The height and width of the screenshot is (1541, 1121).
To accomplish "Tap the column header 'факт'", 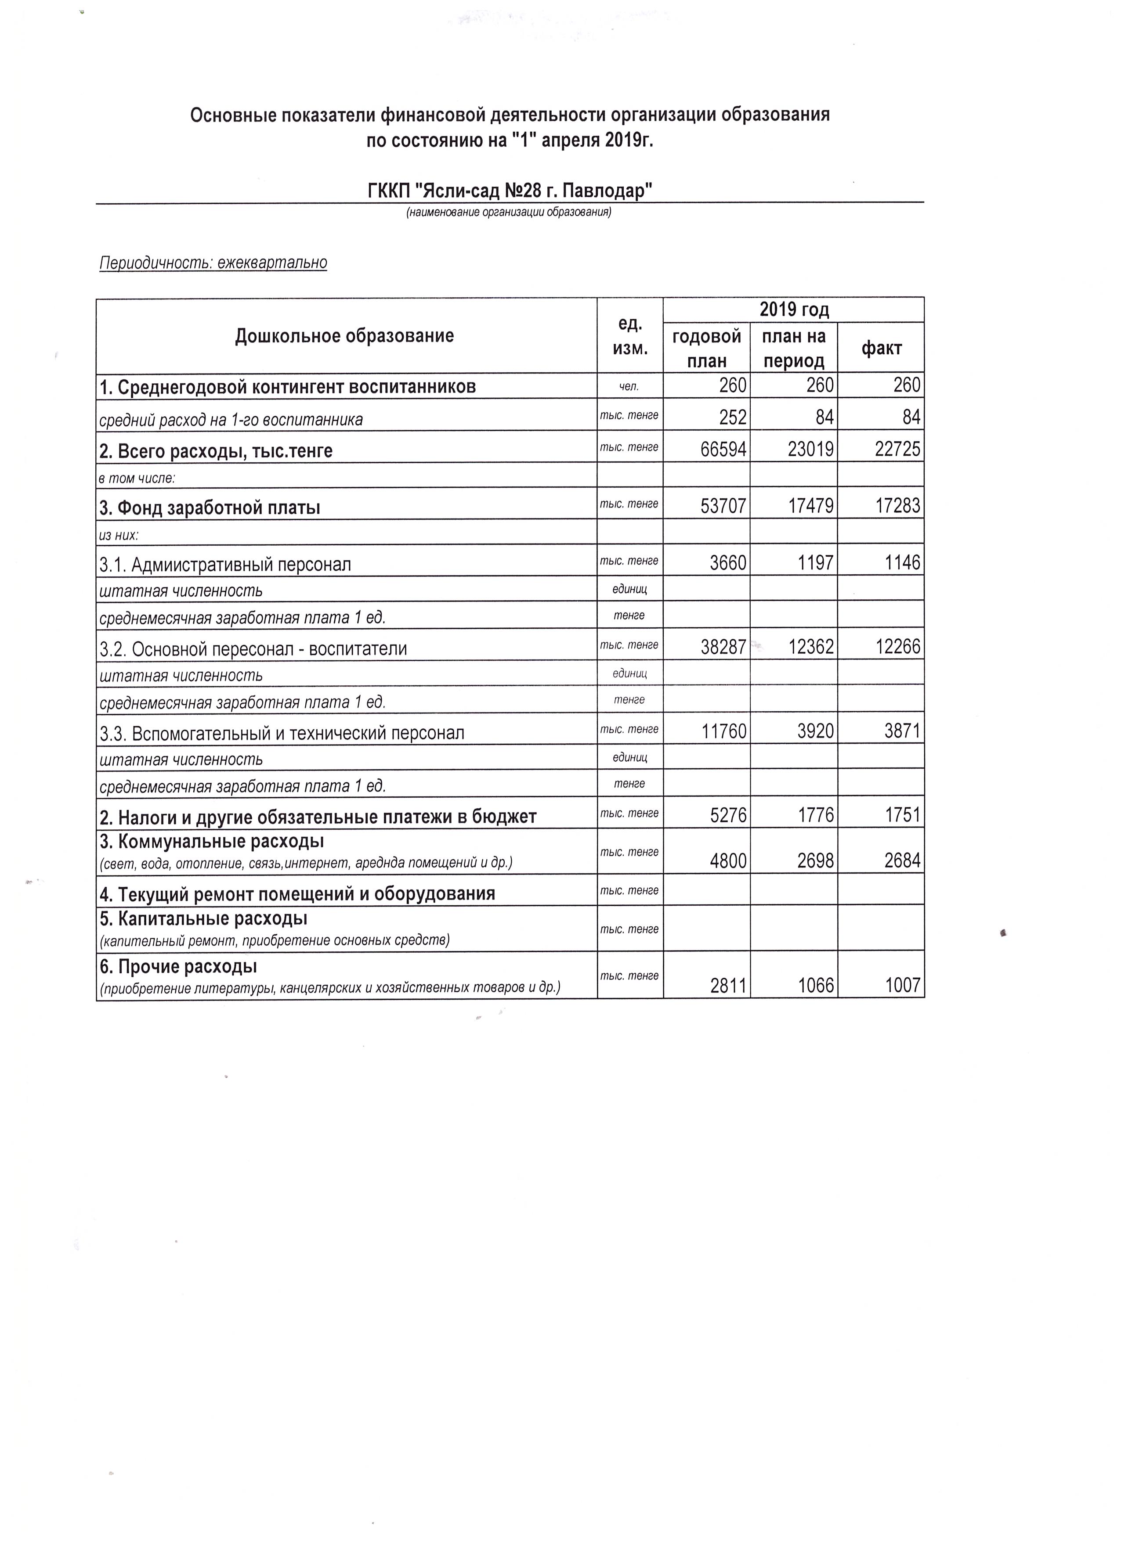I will [x=881, y=349].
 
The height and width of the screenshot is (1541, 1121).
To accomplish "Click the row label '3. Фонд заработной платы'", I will [x=210, y=508].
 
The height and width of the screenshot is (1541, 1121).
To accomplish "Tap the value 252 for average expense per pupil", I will [x=733, y=417].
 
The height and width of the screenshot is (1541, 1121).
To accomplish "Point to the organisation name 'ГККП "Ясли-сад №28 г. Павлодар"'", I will [x=510, y=191].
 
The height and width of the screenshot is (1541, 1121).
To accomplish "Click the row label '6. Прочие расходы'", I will [x=178, y=965].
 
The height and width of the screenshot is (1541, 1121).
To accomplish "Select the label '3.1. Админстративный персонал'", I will [x=226, y=565].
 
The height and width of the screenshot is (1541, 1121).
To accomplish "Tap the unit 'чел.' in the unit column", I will [x=629, y=387].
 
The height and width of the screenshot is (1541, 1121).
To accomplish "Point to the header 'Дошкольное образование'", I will [x=345, y=336].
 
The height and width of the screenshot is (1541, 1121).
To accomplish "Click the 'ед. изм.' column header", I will [x=629, y=336].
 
